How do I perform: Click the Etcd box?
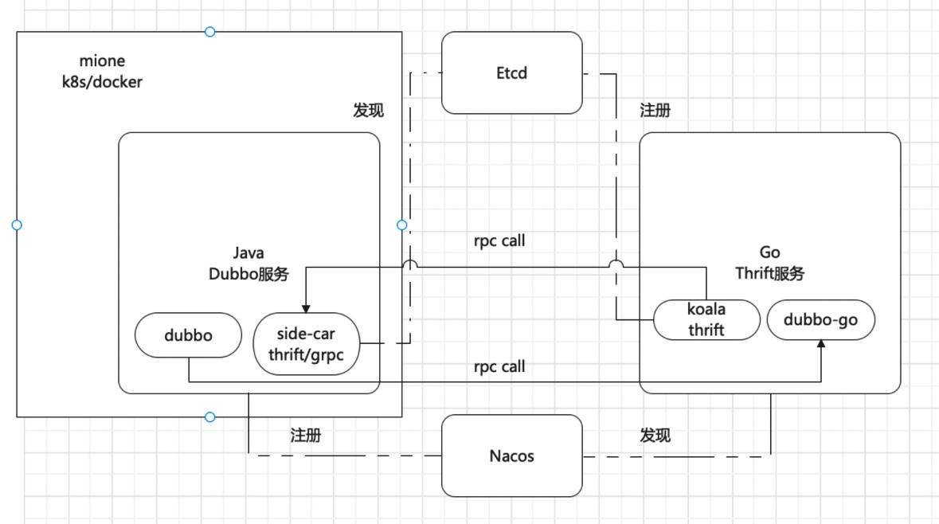click(511, 73)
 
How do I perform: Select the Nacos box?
click(511, 456)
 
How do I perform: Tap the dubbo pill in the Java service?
click(188, 335)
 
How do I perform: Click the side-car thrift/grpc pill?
click(306, 344)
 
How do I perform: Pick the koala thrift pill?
click(706, 320)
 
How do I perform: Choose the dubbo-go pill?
click(820, 320)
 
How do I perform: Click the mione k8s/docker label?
click(103, 71)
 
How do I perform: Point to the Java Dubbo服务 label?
click(248, 264)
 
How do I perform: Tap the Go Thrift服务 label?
click(769, 263)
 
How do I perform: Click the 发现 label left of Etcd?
click(368, 110)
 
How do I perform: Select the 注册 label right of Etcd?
click(655, 110)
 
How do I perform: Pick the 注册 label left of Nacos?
click(306, 436)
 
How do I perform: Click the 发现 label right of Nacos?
click(655, 436)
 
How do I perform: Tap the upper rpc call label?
click(499, 240)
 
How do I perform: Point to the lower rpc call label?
click(499, 366)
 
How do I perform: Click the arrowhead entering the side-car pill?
click(306, 309)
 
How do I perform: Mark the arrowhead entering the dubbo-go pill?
click(821, 344)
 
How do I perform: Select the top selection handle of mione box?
click(209, 32)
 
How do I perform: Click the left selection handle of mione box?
click(17, 225)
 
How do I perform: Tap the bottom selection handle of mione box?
click(209, 416)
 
